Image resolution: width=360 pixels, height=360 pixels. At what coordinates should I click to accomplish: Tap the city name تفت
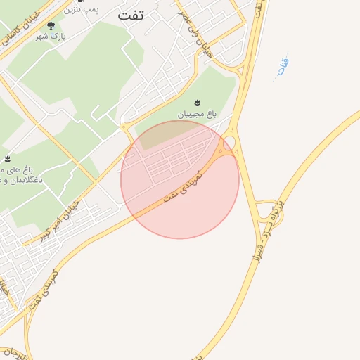coord(131,15)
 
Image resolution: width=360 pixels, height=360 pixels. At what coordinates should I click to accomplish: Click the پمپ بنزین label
coord(83,10)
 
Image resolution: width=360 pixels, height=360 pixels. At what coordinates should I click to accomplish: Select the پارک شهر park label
coord(55,36)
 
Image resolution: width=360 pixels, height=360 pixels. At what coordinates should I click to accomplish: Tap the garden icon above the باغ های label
coord(7,159)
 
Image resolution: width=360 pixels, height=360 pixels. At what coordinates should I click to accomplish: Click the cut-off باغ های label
coord(15,170)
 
